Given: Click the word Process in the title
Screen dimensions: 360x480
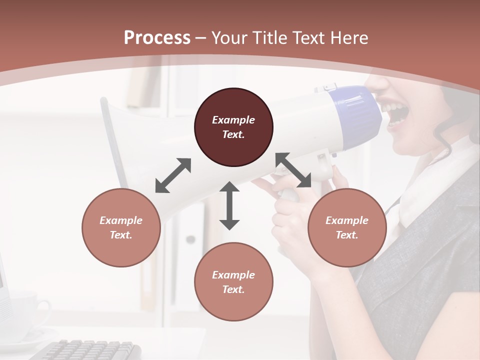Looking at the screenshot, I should point(157,38).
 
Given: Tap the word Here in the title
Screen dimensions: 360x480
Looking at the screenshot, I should point(348,38).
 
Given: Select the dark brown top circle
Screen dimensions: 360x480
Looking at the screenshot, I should point(233,127).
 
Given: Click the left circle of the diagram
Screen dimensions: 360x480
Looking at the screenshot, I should point(121,227).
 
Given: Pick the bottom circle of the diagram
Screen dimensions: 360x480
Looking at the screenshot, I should point(233,282).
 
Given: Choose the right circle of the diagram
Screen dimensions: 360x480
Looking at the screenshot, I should point(347,227).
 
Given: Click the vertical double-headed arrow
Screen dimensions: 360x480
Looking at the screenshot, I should point(229,205).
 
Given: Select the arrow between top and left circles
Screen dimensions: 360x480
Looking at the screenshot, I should point(173,175).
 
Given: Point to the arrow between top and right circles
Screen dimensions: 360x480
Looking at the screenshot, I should point(293,170).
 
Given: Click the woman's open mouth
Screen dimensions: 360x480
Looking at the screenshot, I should point(393,113).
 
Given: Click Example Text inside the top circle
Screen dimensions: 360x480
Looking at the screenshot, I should point(233,127).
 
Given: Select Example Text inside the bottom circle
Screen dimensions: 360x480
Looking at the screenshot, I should point(233,282).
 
